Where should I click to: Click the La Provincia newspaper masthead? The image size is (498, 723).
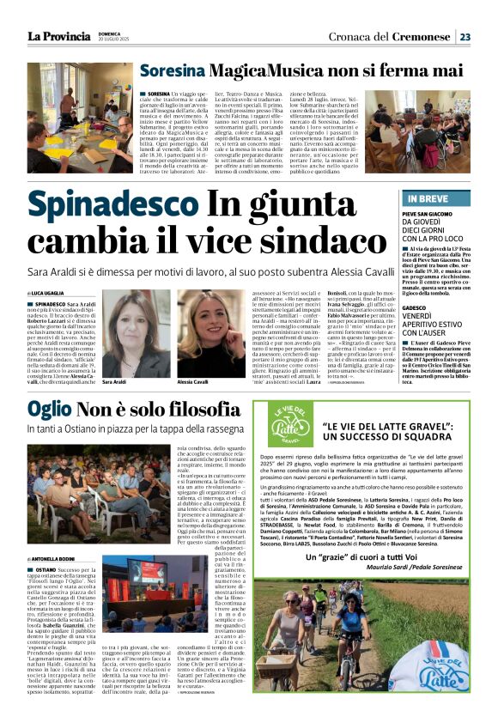59,35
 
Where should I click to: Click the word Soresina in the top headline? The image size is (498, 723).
172,72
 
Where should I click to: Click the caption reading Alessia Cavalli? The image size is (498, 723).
193,358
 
